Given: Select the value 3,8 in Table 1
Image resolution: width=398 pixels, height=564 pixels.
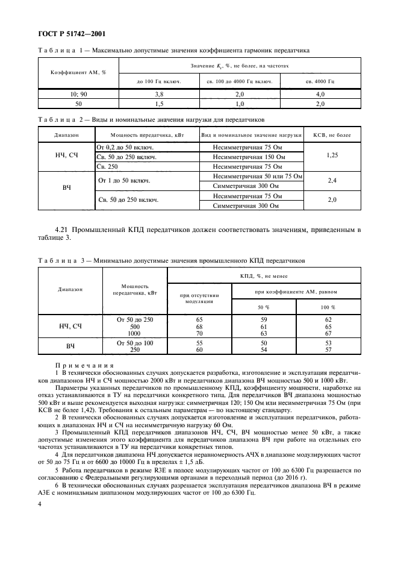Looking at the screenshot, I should click(x=159, y=94).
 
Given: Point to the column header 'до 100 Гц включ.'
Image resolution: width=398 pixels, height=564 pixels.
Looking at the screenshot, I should click(x=159, y=80).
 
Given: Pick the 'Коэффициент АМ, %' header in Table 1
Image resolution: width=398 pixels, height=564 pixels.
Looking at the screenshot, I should click(x=78, y=72).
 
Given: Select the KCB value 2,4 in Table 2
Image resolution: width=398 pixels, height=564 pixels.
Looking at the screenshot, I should click(x=332, y=180).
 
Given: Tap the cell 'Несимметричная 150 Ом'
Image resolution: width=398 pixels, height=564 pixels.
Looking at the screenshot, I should click(x=250, y=157).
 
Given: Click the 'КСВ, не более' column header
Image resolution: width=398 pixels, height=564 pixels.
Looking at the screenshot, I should click(x=332, y=136).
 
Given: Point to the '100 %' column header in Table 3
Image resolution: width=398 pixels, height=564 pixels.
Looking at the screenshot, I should click(x=328, y=307).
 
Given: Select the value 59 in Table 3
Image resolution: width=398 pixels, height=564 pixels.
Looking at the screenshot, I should click(x=263, y=319).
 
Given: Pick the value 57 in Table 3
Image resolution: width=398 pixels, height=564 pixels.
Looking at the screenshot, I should click(x=328, y=349).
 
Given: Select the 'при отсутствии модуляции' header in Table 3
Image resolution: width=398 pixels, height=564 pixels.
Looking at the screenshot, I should click(x=199, y=298).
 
